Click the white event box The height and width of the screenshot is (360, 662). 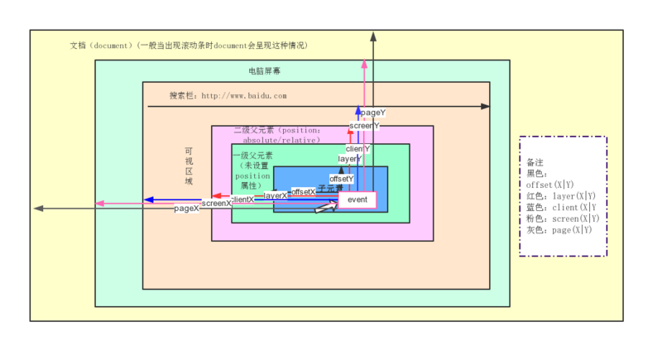coord(357,200)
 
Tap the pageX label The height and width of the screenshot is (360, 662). coord(186,209)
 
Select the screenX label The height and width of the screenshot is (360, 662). coord(217,203)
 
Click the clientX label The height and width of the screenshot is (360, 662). coord(242,199)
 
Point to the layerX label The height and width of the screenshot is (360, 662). coord(276,195)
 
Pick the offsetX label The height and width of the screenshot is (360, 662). coord(303,191)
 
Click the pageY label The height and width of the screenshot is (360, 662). coord(374,112)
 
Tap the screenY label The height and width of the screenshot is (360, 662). coord(363,126)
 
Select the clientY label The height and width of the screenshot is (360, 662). coord(357,149)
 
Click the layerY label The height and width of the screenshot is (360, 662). coord(349,158)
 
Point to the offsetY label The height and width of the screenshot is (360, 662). coord(341,179)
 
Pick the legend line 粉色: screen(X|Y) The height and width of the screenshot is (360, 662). coord(563,218)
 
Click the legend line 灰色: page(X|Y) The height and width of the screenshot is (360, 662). coord(559,230)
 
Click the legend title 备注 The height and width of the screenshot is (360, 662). coord(536,162)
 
